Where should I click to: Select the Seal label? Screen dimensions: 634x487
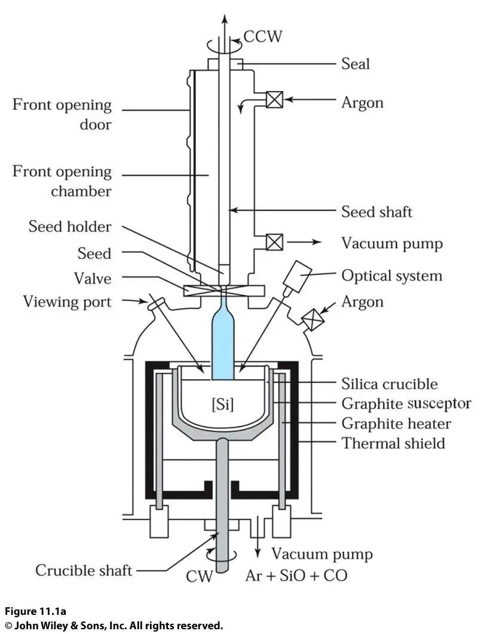click(x=356, y=63)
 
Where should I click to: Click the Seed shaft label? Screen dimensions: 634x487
click(x=376, y=211)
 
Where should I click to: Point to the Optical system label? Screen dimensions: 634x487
click(x=391, y=276)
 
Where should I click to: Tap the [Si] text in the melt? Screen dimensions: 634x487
click(x=223, y=404)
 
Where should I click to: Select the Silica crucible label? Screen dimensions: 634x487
click(x=389, y=383)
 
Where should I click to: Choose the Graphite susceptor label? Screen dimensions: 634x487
click(x=406, y=403)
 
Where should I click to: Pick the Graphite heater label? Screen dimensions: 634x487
click(x=396, y=423)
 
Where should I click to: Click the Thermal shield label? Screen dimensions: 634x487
click(x=393, y=443)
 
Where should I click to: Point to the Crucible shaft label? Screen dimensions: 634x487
click(x=84, y=570)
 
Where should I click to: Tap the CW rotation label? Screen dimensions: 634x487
click(x=199, y=577)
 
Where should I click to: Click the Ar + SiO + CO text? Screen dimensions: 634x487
click(x=296, y=575)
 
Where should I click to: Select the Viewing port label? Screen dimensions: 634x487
click(x=67, y=301)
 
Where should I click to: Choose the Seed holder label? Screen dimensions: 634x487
click(x=69, y=227)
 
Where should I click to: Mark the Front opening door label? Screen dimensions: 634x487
click(x=62, y=114)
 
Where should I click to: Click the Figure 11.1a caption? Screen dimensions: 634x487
click(x=36, y=611)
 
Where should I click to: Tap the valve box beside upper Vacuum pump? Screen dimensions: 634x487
click(x=274, y=242)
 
